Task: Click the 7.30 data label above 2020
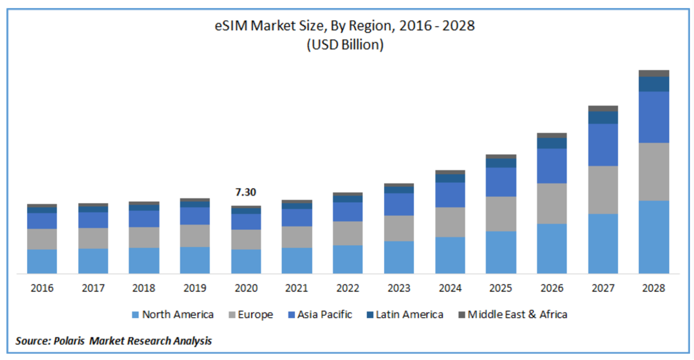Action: [x=246, y=192]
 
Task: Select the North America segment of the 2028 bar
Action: [x=654, y=237]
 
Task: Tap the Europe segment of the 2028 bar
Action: [x=654, y=171]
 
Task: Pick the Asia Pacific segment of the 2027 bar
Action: [x=603, y=145]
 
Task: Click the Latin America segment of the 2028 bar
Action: [x=654, y=84]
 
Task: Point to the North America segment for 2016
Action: [x=42, y=261]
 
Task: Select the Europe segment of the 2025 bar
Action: [x=501, y=213]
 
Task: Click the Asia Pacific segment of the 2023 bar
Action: [x=399, y=204]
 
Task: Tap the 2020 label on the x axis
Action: [x=246, y=288]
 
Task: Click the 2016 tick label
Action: [x=42, y=288]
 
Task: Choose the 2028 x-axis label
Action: [x=654, y=288]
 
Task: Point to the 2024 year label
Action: [x=450, y=288]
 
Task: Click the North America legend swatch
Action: [x=135, y=315]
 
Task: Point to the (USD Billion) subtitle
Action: [x=345, y=45]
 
